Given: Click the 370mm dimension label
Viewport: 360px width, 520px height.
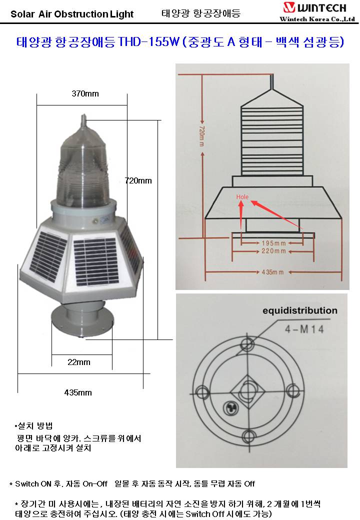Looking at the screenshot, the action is [x=85, y=94].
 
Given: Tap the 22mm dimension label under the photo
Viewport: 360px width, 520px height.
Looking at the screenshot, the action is [x=79, y=362].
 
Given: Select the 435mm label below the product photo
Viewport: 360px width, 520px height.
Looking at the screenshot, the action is [x=78, y=392].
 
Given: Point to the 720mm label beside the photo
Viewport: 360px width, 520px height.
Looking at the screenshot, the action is [x=138, y=180].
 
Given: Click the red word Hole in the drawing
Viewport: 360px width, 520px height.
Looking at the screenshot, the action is [x=242, y=197].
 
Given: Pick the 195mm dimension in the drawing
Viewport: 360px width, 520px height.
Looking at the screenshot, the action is [x=273, y=243].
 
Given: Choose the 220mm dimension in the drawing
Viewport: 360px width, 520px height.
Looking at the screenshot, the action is [x=273, y=251].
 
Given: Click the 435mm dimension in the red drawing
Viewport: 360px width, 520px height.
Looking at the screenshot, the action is [x=272, y=272].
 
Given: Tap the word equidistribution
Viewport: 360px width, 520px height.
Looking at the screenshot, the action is [x=300, y=310].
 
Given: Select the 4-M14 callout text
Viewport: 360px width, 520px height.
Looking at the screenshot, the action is [x=304, y=329].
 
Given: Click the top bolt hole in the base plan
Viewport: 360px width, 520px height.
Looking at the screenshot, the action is [x=247, y=343].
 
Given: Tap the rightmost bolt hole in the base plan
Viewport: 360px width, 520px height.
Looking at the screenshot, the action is [x=293, y=390].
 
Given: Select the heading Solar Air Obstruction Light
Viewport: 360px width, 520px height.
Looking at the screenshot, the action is [x=72, y=14].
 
